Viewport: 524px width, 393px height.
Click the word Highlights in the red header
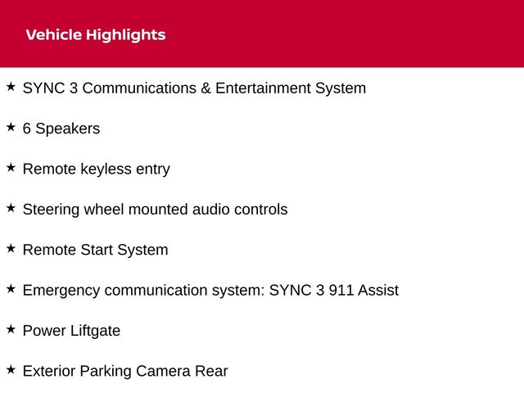125,35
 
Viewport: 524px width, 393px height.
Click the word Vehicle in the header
54,34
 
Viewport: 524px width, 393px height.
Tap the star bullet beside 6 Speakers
11,127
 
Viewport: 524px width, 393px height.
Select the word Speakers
67,129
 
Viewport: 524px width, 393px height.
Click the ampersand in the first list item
206,88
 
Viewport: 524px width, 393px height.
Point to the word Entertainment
263,88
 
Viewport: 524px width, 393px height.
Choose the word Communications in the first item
139,88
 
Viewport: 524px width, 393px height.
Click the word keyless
106,169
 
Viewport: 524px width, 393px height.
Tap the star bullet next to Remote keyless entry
11,167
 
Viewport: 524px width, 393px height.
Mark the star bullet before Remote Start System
11,248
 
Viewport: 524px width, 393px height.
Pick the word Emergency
61,291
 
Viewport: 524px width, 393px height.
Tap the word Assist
378,291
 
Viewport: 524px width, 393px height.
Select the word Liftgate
95,332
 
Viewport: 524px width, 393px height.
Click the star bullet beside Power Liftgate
11,329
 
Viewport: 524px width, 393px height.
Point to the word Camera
163,371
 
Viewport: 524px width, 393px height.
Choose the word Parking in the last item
106,372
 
